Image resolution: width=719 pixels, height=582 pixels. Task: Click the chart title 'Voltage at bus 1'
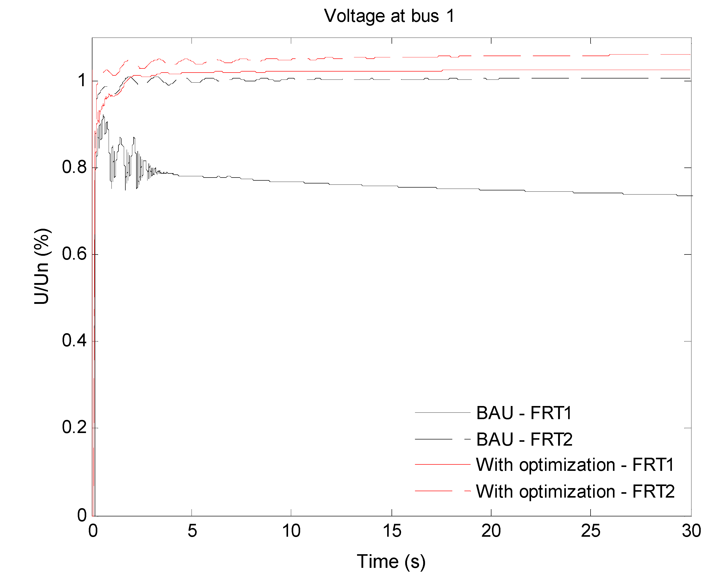pos(389,16)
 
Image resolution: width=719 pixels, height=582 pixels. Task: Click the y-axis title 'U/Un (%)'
pos(42,266)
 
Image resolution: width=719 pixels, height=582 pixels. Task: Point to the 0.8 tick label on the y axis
pos(74,167)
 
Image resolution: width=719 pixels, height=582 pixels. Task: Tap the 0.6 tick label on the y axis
pos(74,254)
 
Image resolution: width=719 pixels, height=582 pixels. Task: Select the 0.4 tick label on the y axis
pos(74,341)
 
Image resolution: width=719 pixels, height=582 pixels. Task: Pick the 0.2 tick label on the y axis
pos(74,427)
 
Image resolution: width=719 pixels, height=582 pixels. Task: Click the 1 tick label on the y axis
pos(82,81)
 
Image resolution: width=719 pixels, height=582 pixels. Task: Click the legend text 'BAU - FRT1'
pos(524,413)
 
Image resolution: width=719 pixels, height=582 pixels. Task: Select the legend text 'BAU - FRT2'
pos(524,439)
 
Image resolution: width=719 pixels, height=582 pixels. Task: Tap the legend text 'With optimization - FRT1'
pos(575,465)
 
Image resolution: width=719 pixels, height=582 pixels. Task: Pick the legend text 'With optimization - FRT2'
pos(575,491)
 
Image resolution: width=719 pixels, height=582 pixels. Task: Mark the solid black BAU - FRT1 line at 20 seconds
pos(491,190)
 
